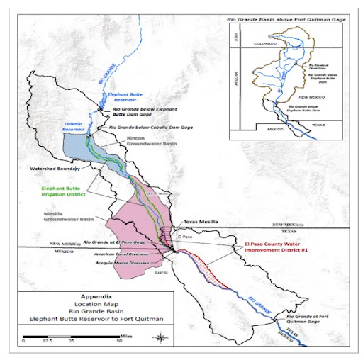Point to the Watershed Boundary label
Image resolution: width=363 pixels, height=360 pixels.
click(51, 170)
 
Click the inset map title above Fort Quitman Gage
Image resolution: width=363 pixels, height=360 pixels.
click(286, 19)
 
